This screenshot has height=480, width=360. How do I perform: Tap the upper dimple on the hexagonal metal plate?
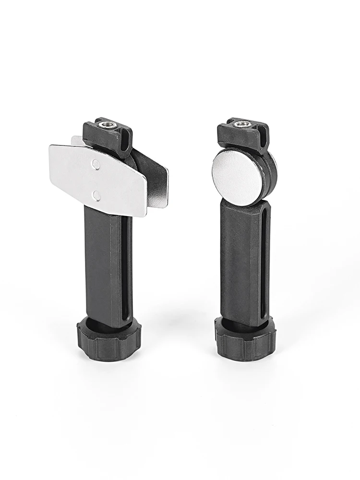[x=96, y=165]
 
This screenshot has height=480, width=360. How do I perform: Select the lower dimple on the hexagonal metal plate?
[x=96, y=195]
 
